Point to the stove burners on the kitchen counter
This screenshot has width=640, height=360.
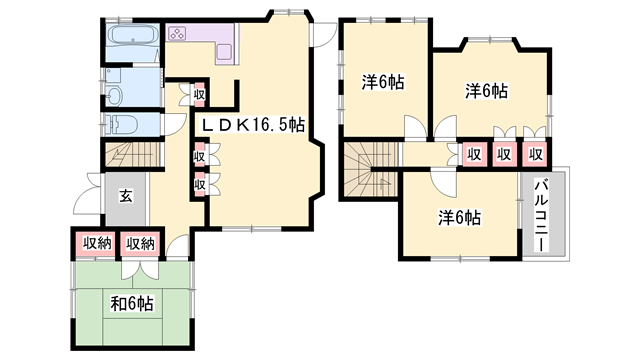tap(180, 34)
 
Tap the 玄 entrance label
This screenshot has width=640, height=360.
tap(128, 194)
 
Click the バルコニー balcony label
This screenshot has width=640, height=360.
tap(541, 217)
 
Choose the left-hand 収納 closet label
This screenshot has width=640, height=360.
tap(96, 243)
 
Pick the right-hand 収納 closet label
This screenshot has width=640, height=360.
tap(140, 243)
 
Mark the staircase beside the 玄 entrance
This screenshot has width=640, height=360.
tap(128, 155)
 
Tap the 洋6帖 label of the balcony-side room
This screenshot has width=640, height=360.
tap(458, 216)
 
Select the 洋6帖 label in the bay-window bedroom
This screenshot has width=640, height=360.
tap(486, 91)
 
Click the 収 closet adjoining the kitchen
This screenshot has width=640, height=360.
tap(199, 95)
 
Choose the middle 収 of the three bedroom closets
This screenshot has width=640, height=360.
tap(505, 154)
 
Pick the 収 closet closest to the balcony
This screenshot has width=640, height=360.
tap(536, 154)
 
